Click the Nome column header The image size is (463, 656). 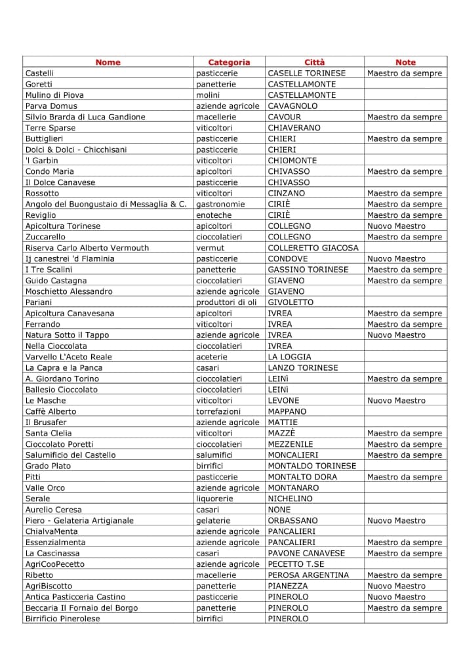pyautogui.click(x=108, y=62)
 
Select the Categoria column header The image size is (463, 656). pyautogui.click(x=229, y=62)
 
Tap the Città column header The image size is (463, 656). pyautogui.click(x=314, y=62)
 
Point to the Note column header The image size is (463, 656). pyautogui.click(x=405, y=62)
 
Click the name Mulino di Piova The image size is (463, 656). pyautogui.click(x=54, y=95)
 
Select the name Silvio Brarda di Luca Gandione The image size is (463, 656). pyautogui.click(x=85, y=117)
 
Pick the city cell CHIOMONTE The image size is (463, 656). pyautogui.click(x=292, y=160)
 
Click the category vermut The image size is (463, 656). pyautogui.click(x=211, y=247)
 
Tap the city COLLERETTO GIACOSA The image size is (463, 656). pyautogui.click(x=313, y=247)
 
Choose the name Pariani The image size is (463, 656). pyautogui.click(x=39, y=302)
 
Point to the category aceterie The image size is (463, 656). pyautogui.click(x=212, y=357)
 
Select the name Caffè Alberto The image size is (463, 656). pyautogui.click(x=50, y=411)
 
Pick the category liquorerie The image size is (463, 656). pyautogui.click(x=214, y=499)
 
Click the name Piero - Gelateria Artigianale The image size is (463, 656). pyautogui.click(x=79, y=520)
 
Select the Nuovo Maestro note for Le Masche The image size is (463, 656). pyautogui.click(x=396, y=400)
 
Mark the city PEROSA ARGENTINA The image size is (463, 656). pyautogui.click(x=308, y=575)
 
